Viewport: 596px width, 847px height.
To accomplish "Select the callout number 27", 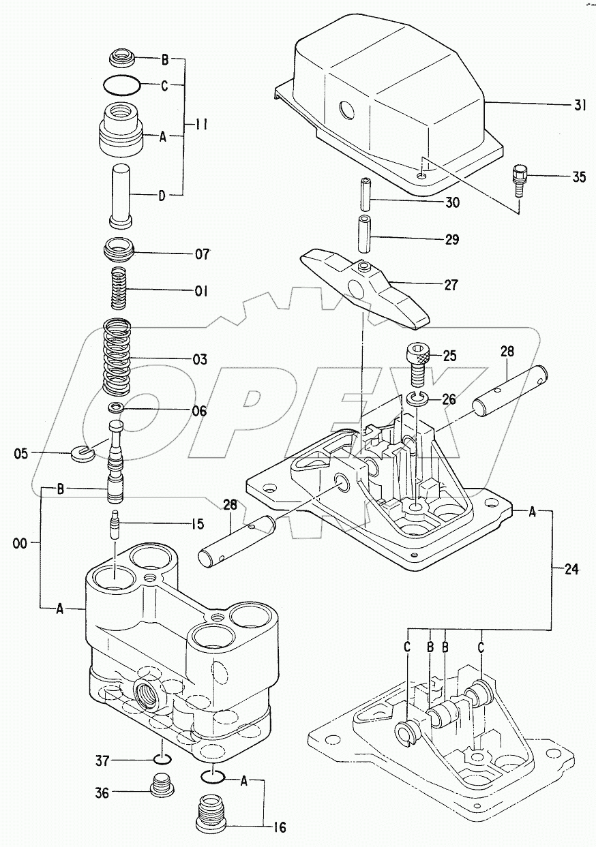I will coord(451,284).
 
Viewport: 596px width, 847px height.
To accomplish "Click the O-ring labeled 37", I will coord(161,760).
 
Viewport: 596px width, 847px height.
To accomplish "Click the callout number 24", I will coord(571,570).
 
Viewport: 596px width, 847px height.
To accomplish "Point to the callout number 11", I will coord(200,125).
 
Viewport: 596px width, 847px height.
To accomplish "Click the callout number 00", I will coord(19,543).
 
